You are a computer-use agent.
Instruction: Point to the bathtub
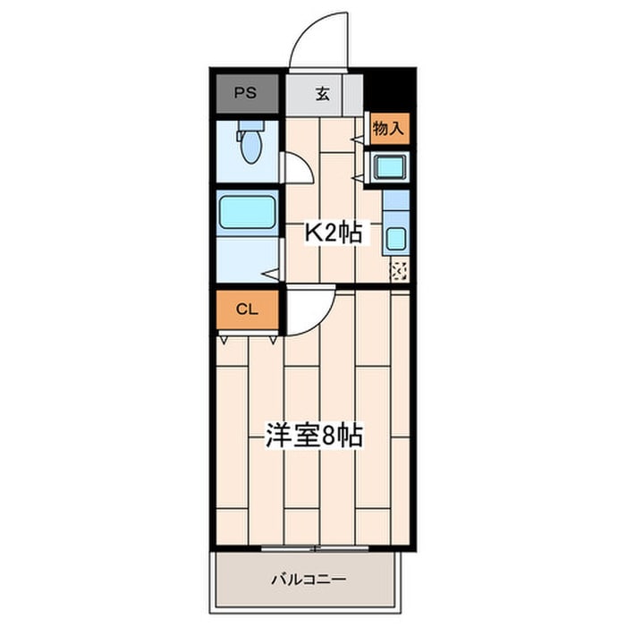[247, 213]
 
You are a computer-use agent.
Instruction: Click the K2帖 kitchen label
[334, 234]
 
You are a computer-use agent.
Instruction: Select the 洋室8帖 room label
[313, 437]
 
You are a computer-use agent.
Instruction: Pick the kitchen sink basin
[395, 239]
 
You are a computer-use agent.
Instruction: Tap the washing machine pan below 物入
[389, 166]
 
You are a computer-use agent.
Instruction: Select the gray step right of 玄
[354, 93]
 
